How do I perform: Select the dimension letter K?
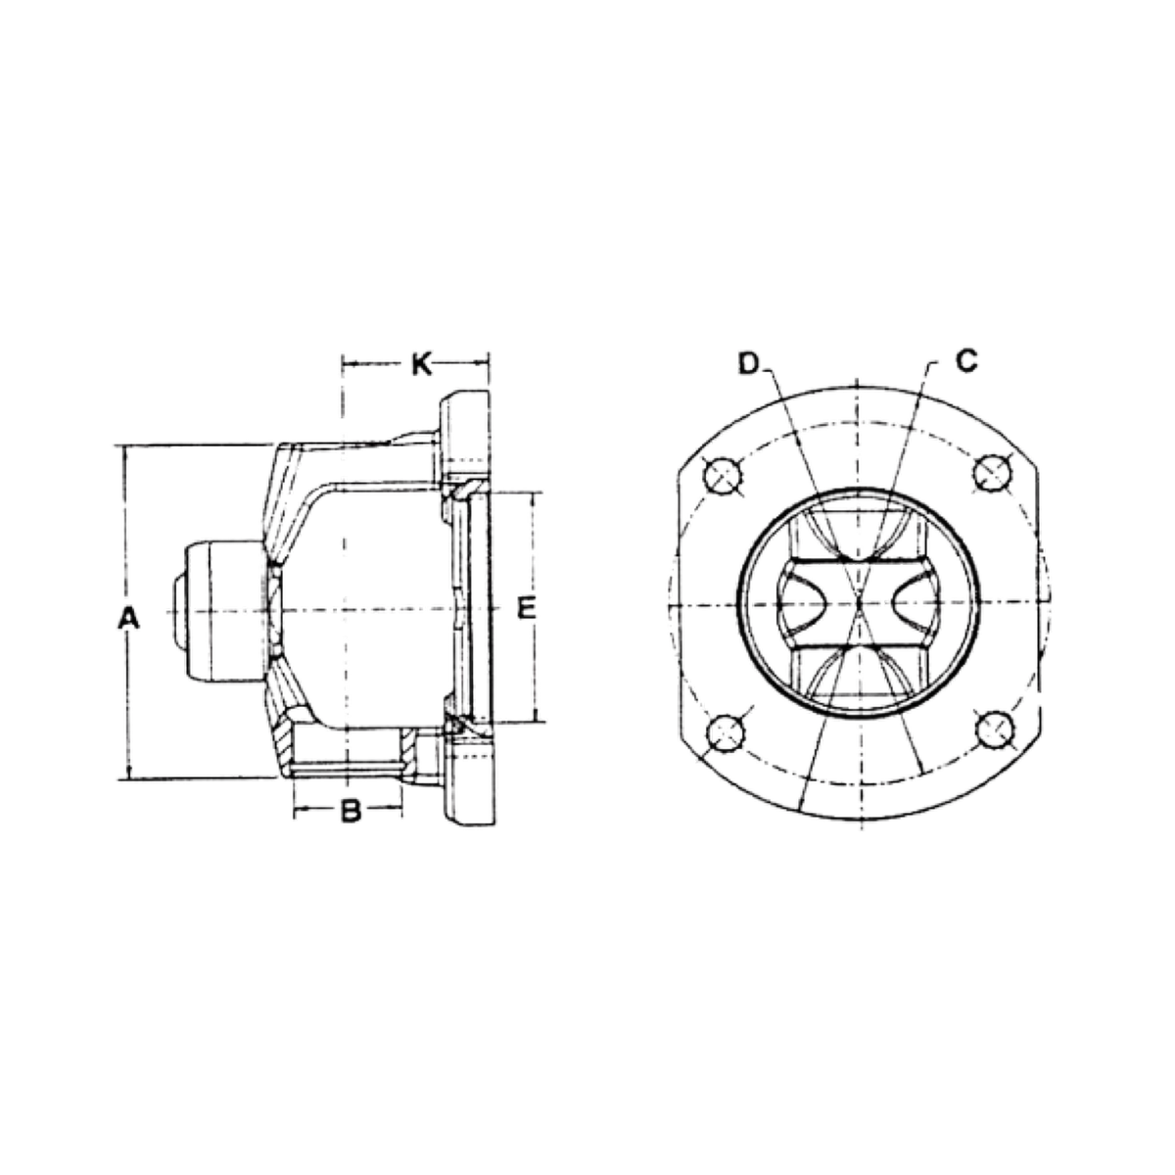pos(419,365)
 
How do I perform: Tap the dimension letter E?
pos(528,609)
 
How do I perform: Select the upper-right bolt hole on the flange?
pos(991,473)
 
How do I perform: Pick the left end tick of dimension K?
pos(340,365)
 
